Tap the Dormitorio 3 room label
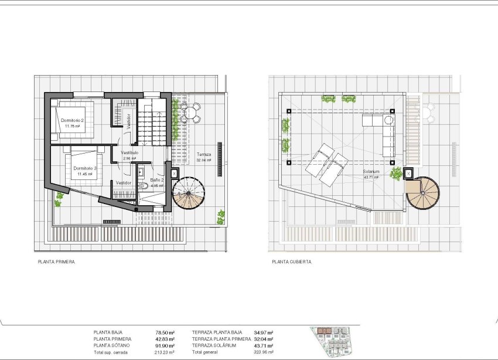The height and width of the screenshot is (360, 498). coord(84,168)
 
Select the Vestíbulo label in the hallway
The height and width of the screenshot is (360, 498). coord(129,152)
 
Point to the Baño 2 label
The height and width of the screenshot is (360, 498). coord(156,180)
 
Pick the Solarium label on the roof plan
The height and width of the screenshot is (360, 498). coord(371,172)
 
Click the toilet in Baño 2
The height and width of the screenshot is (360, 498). coord(144,186)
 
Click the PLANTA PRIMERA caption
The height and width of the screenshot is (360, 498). coord(56,262)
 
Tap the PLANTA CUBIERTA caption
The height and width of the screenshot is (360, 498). coord(292,262)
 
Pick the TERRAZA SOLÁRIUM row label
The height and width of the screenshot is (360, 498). coord(214,346)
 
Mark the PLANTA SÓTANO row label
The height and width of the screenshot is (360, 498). coord(113,346)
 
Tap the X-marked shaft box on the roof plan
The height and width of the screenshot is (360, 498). coord(408,173)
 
